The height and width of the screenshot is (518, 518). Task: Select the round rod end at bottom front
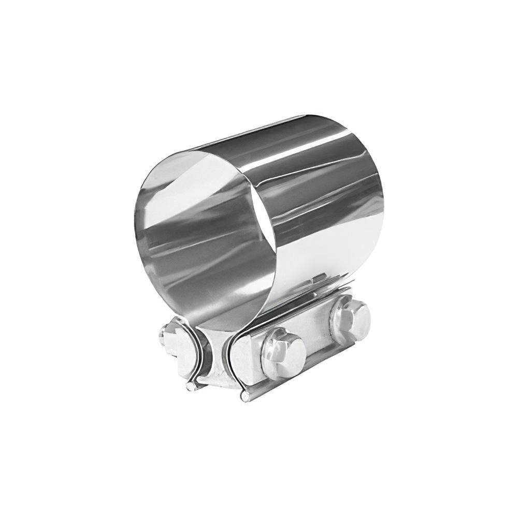point(244,397)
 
